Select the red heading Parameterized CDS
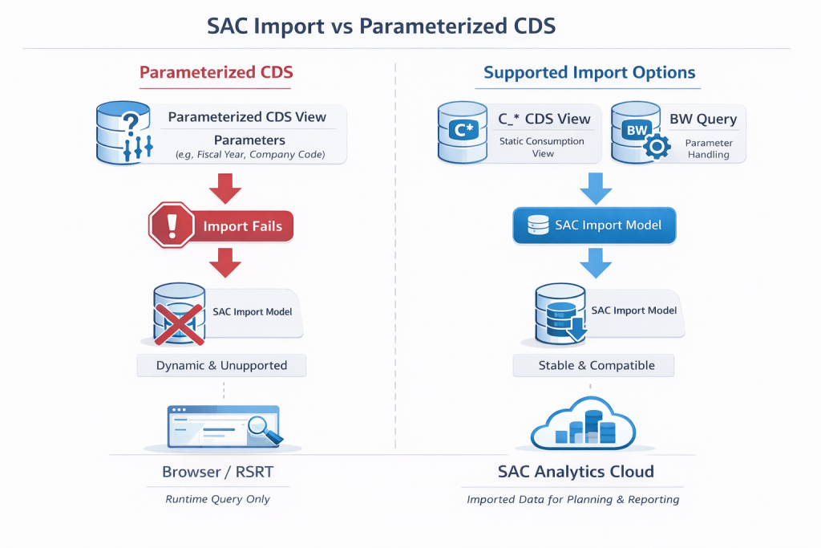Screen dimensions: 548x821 tap(216, 72)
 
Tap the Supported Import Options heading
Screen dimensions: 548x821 tap(589, 72)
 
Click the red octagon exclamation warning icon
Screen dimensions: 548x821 tap(172, 225)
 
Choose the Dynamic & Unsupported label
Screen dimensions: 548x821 tap(221, 365)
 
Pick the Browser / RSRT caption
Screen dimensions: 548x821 tap(217, 472)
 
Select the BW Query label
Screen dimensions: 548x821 tap(702, 119)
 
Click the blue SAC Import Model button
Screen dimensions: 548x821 tap(594, 225)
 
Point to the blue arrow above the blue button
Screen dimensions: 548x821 tap(595, 189)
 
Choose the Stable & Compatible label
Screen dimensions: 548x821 tap(594, 365)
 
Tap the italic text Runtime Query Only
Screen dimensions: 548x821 tap(217, 499)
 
